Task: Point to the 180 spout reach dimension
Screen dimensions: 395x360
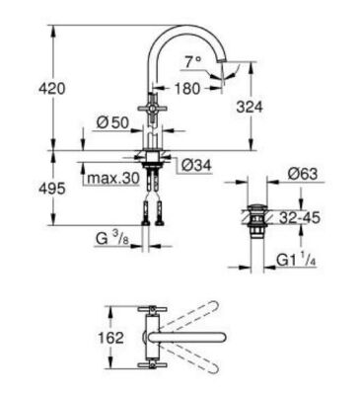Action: point(186,88)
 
